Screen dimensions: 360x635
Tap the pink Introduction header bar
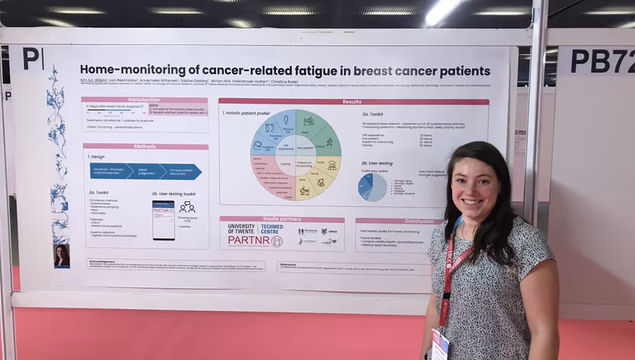(x=144, y=100)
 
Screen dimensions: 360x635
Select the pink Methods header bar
(x=145, y=147)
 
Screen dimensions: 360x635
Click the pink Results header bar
(x=353, y=101)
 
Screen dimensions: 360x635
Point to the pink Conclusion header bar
(x=398, y=222)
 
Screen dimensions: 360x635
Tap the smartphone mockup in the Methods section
(x=163, y=219)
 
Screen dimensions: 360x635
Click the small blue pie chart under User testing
(x=373, y=187)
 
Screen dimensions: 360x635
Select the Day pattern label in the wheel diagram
(x=305, y=147)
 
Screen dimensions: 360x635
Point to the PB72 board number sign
(x=602, y=61)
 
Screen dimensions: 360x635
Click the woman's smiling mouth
(x=474, y=202)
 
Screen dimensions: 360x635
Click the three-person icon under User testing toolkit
(x=187, y=207)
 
